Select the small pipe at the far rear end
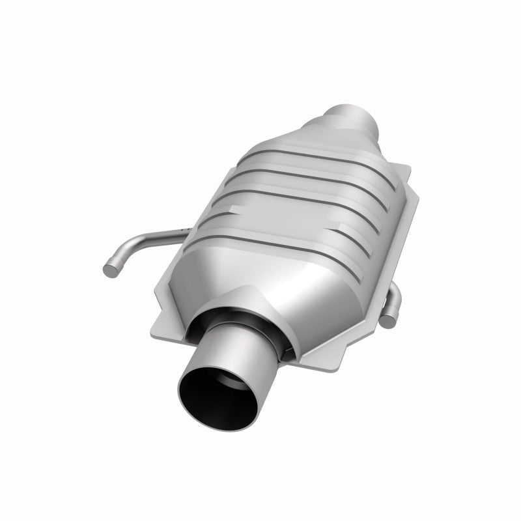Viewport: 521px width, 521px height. [357, 117]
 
